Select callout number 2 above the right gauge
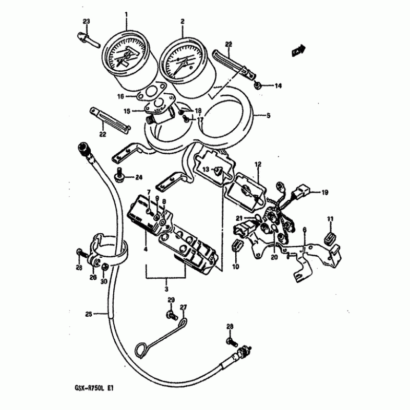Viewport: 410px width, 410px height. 182,22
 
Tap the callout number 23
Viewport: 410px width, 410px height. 86,21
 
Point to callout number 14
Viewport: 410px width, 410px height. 278,86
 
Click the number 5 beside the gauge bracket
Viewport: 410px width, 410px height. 268,116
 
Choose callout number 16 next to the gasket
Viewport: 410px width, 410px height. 120,96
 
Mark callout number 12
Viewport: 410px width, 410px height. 257,164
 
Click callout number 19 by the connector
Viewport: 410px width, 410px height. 324,193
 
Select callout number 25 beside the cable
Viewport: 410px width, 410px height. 88,314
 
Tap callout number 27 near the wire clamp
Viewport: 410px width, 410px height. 183,307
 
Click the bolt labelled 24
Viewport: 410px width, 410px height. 119,175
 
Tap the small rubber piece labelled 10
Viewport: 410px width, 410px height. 236,244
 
